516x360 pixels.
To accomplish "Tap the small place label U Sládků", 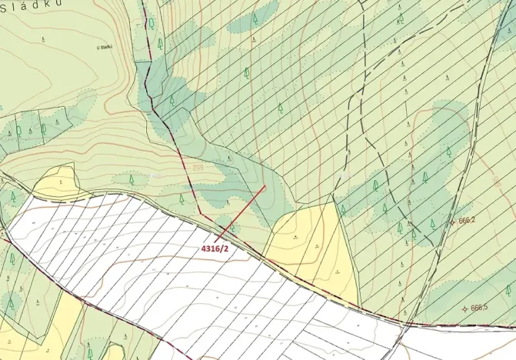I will pyautogui.click(x=105, y=47).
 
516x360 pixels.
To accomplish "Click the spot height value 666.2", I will pyautogui.click(x=468, y=220).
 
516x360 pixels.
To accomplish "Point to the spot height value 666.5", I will pyautogui.click(x=479, y=308).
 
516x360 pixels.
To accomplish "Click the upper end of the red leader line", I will pyautogui.click(x=265, y=185).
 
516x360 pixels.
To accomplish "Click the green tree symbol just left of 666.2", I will pyautogui.click(x=433, y=223).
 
